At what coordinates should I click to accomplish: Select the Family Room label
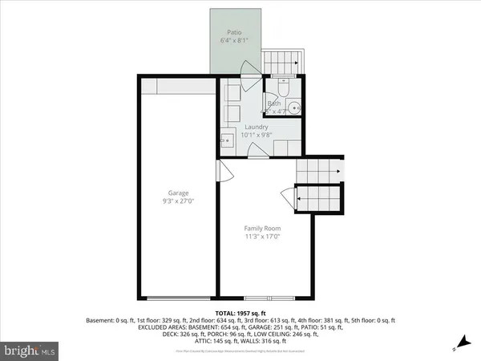(262, 229)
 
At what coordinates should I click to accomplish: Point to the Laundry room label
(257, 127)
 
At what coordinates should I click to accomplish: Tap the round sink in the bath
(295, 107)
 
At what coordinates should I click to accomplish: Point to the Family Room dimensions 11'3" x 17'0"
(262, 237)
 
